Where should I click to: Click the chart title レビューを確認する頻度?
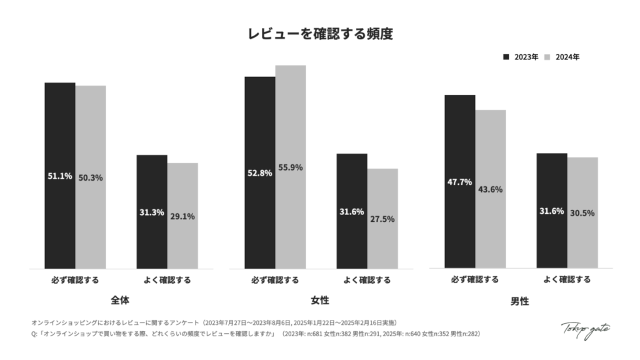pos(320,34)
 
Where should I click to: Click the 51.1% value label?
pos(60,176)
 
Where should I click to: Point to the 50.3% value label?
pos(91,177)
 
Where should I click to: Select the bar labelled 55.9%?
pos(291,167)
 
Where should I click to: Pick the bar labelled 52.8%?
pos(260,172)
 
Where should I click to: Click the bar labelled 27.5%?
pos(382,219)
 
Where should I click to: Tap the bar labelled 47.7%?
pos(460,182)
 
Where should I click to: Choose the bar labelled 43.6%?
pos(491,189)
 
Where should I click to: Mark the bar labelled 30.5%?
pos(582,212)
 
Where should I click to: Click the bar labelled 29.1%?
pos(182,216)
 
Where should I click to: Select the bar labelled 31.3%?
pos(152,212)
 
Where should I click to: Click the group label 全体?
pos(121,300)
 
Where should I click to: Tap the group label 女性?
pos(320,300)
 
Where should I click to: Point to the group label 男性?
pos(520,301)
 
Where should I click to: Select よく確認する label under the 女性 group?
pos(367,279)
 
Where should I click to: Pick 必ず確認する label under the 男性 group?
pos(475,279)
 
